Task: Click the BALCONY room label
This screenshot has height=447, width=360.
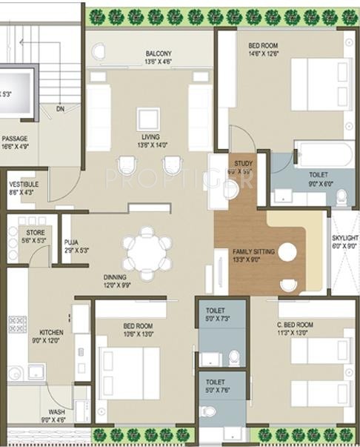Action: point(159,53)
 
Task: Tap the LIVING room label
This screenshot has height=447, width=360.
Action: point(151,137)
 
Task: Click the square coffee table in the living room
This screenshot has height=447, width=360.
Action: point(147,119)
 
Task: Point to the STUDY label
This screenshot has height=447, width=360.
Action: point(243,163)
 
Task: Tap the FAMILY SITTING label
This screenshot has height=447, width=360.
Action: point(253,251)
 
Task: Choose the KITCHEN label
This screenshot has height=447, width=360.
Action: point(50,332)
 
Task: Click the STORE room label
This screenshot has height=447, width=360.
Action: point(36,232)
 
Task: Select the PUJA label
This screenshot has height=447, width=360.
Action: point(71,242)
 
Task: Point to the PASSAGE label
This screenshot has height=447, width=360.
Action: point(15,138)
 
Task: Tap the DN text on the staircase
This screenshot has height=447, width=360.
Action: point(59,110)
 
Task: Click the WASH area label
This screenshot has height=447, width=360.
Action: point(57,412)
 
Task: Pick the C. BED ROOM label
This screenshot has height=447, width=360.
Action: point(295,325)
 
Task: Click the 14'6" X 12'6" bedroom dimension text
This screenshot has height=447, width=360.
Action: point(263,53)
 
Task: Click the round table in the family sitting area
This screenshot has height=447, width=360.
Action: point(287,252)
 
